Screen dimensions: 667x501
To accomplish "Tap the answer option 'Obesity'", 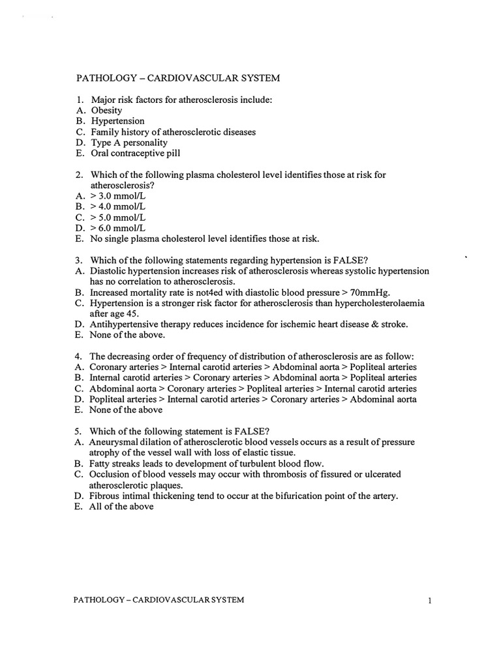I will [106, 110].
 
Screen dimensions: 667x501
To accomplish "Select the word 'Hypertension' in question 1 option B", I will [117, 121].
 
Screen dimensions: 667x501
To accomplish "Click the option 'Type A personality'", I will [129, 143].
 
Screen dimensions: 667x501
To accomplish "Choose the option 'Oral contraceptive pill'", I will [136, 154].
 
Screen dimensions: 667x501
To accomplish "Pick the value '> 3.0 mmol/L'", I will [118, 195].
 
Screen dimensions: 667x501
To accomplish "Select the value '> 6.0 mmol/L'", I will [118, 227].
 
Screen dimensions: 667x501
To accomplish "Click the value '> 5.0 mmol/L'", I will [118, 217].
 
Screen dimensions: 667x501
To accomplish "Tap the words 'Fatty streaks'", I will [116, 463].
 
